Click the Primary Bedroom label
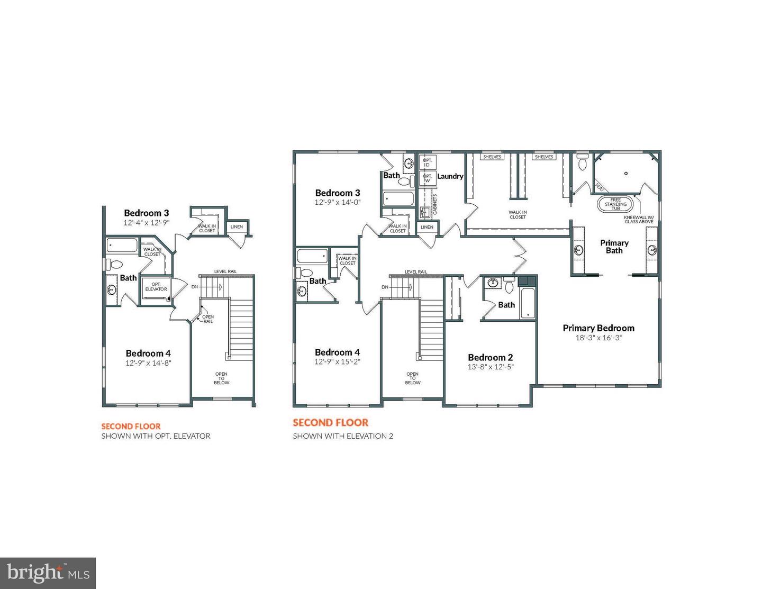point(598,328)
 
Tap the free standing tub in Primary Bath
point(615,204)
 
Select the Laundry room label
point(450,176)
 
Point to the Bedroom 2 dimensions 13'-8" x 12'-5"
point(491,367)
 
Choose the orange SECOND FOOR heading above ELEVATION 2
point(331,423)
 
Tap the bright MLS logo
point(48,573)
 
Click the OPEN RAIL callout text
point(208,319)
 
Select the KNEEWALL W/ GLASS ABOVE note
point(639,219)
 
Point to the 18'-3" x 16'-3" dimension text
point(598,338)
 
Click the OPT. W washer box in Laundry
point(428,178)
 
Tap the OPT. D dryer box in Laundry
point(428,162)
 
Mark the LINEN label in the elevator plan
point(237,227)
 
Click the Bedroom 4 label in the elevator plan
point(148,354)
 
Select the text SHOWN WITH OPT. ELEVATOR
point(156,436)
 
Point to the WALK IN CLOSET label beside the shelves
point(518,214)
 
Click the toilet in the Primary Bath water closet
point(583,162)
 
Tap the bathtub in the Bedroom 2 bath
point(528,303)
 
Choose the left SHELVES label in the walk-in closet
point(492,157)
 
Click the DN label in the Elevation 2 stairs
point(385,287)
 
